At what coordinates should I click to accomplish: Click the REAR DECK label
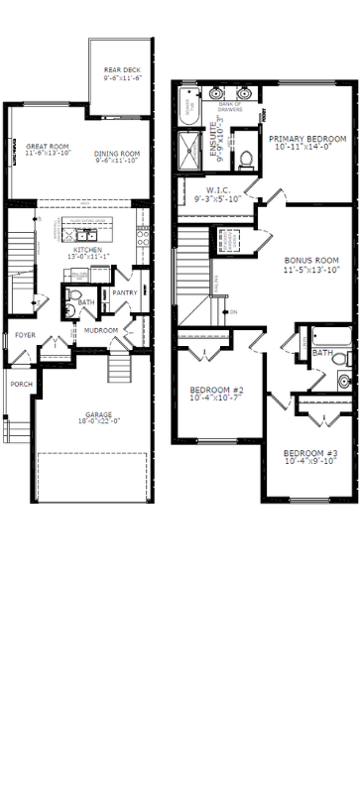click(123, 69)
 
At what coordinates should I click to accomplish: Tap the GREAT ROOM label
click(46, 146)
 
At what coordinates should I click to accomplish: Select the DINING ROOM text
click(117, 153)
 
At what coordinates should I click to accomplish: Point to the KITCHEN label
click(88, 251)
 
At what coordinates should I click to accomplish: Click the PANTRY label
click(124, 292)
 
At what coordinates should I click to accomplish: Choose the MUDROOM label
click(100, 330)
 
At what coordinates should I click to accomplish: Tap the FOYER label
click(25, 336)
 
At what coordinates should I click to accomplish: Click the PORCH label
click(21, 384)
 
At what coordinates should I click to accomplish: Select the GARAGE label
click(97, 413)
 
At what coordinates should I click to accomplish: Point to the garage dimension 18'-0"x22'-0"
click(97, 421)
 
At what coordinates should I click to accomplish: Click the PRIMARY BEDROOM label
click(306, 139)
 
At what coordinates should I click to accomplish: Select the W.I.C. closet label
click(218, 191)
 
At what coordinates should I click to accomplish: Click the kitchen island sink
click(87, 234)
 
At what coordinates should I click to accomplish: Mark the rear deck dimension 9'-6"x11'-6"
click(123, 77)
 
